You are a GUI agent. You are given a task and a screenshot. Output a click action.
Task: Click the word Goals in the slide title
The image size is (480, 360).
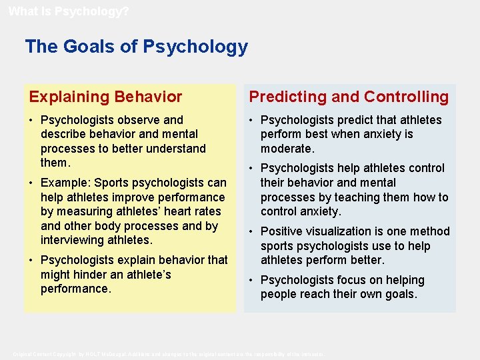point(85,47)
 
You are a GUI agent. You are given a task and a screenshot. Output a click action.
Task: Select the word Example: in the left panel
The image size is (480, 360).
point(65,183)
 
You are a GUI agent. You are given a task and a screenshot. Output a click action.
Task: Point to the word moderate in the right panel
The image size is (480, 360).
point(286,149)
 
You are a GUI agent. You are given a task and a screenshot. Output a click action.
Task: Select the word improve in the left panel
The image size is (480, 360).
point(129,197)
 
